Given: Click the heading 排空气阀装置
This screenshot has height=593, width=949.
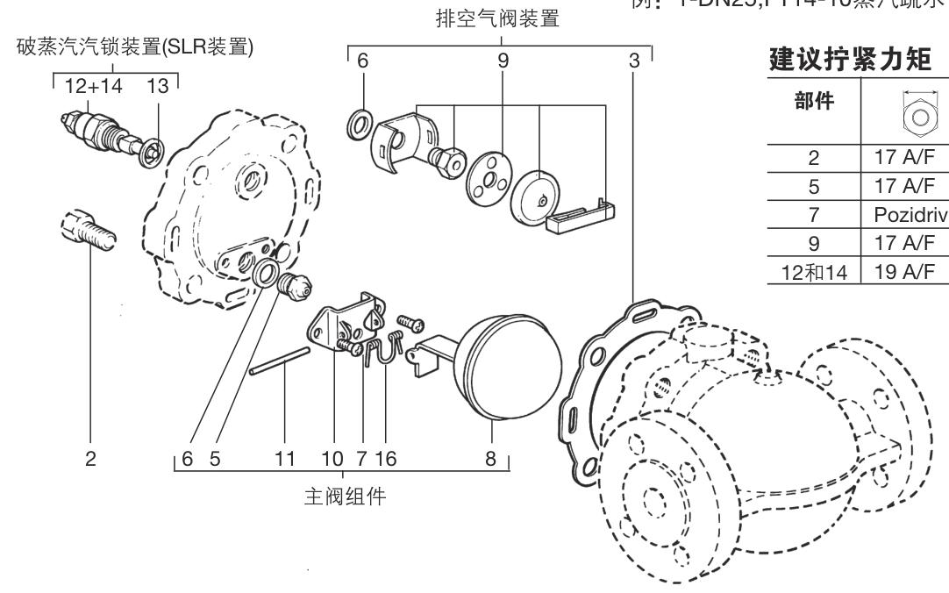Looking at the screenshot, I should point(497,20).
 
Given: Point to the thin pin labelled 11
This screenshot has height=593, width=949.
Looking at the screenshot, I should point(278,361).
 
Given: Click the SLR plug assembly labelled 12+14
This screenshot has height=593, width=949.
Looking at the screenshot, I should point(90,130).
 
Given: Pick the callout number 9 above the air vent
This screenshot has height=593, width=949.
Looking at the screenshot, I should point(503,63).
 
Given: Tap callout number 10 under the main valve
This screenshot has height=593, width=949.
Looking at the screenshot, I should point(334,459).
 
